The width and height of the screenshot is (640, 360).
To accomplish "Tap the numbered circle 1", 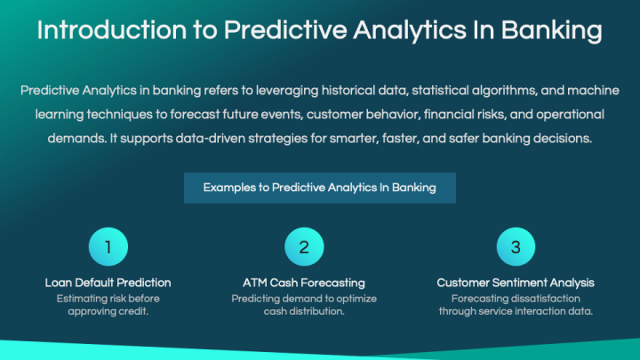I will tap(108, 247).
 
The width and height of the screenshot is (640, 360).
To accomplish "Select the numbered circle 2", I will tap(303, 247).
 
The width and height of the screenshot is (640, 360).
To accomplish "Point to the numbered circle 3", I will tap(516, 247).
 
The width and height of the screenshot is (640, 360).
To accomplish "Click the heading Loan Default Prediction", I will tap(108, 283).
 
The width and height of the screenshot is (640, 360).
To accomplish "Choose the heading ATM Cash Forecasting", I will tap(303, 283).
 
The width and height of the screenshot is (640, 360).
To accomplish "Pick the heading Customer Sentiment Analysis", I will tap(516, 283).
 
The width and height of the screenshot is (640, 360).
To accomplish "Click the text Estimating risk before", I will tap(108, 299).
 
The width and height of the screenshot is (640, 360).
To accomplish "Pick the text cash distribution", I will tap(303, 312).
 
